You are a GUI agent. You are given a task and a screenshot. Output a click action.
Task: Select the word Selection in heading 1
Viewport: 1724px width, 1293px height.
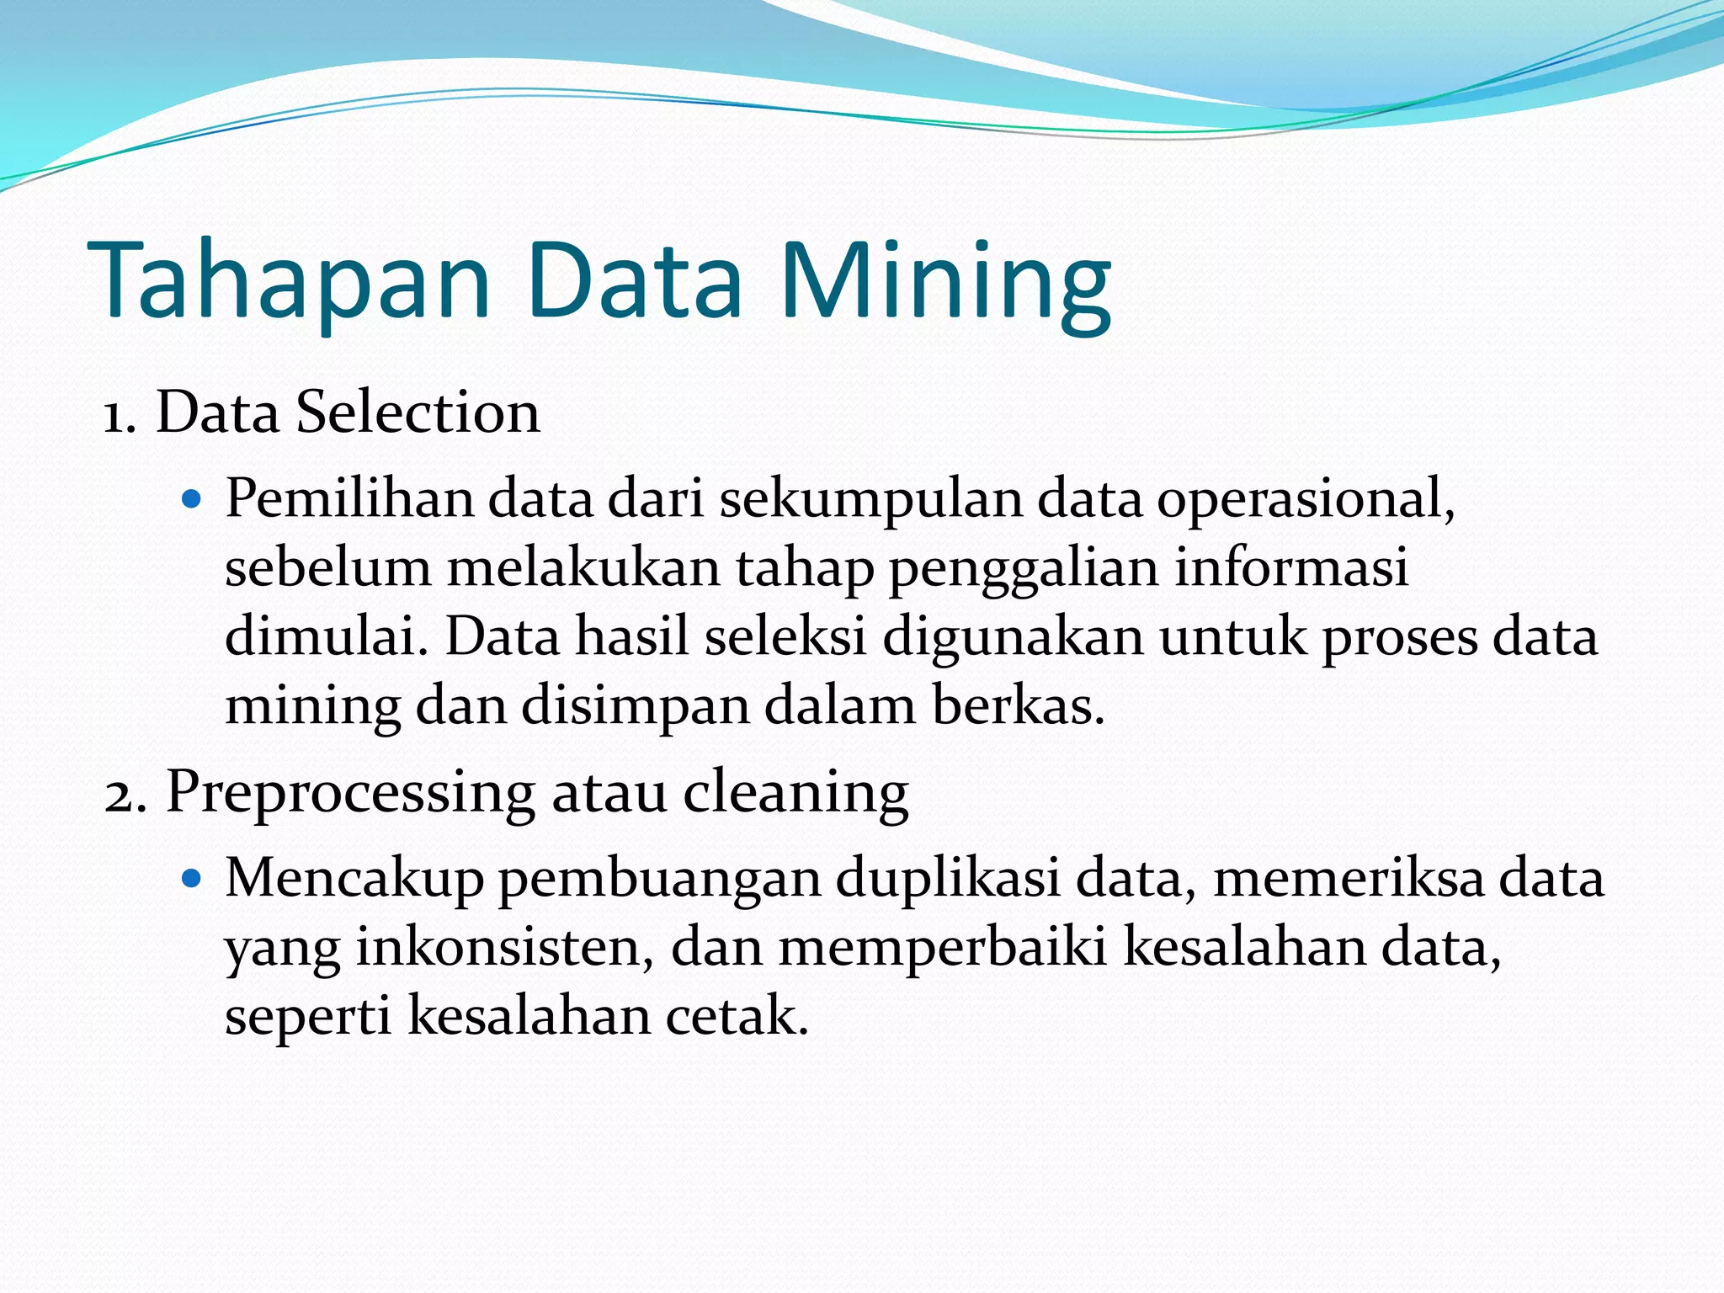[x=418, y=412]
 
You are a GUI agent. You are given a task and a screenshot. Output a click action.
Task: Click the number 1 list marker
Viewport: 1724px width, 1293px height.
[x=119, y=416]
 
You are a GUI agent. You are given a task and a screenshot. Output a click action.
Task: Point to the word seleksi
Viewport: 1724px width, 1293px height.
[x=785, y=636]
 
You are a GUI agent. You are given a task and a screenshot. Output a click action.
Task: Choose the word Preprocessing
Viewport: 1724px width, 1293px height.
[x=350, y=793]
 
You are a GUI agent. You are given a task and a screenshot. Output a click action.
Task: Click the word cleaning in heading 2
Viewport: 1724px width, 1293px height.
[x=795, y=793]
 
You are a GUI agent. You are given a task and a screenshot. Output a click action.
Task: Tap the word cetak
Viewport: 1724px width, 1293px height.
[x=737, y=1015]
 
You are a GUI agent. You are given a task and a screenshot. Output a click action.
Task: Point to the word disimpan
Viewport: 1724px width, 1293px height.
[x=635, y=707]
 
